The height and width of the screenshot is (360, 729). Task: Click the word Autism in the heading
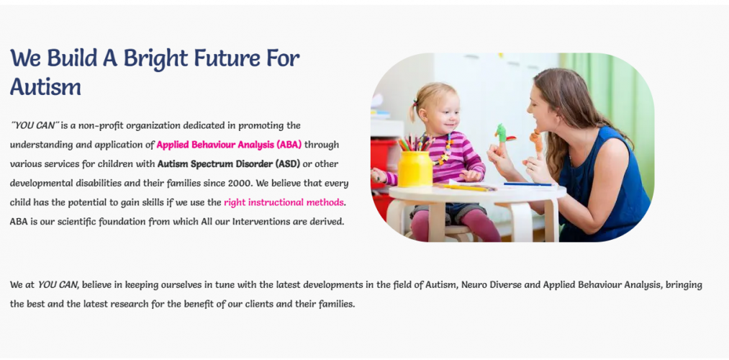tap(45, 86)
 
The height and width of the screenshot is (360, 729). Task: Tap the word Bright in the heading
tap(155, 58)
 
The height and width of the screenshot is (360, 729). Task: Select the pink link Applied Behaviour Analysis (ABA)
tap(230, 145)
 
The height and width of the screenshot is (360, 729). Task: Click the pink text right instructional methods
tap(284, 202)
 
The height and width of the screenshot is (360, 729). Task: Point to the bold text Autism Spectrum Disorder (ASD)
tap(229, 164)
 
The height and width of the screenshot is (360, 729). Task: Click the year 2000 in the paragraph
tap(240, 183)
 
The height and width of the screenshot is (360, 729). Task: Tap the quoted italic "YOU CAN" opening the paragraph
tap(35, 125)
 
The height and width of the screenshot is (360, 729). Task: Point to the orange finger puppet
tap(536, 141)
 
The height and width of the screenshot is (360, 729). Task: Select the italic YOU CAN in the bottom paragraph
tap(58, 284)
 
